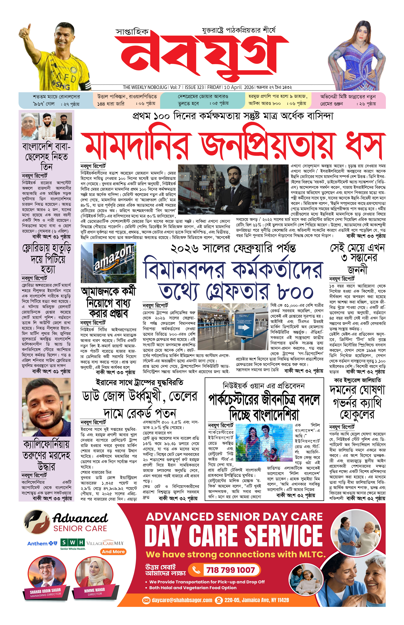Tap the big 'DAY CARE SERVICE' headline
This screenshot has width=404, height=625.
pyautogui.click(x=233, y=536)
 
